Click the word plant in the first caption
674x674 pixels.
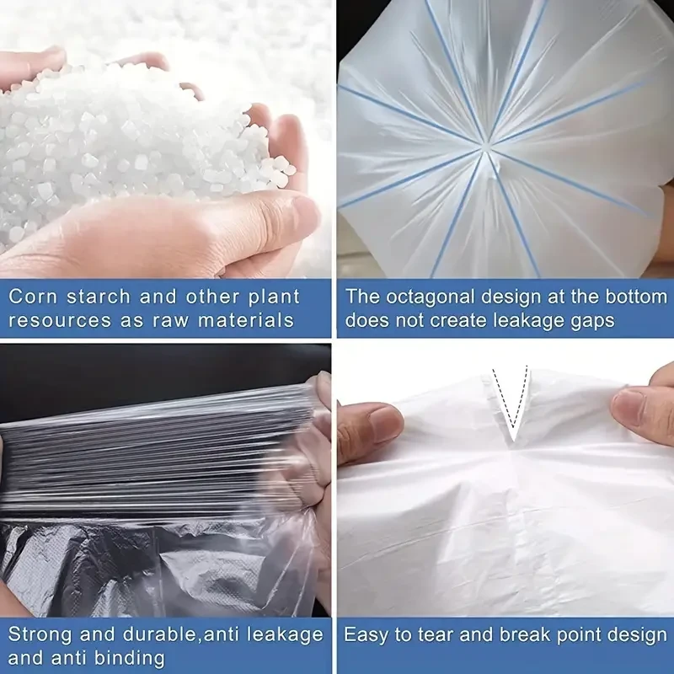(274, 297)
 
